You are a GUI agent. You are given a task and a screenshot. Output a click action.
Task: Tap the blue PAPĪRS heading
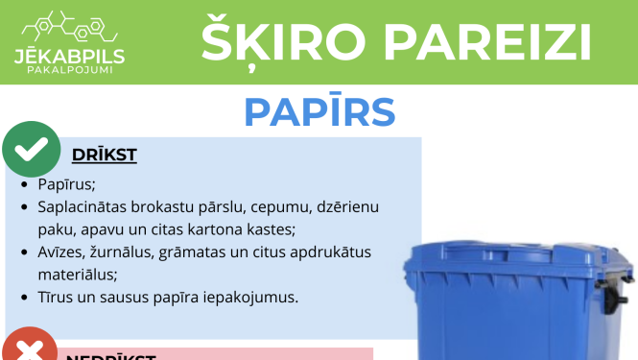coord(319,111)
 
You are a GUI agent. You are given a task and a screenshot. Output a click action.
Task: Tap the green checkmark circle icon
coord(32,149)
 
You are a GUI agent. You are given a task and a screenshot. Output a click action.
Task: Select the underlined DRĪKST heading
coord(105,156)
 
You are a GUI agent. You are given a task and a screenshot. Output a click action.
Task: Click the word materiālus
coord(78,275)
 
